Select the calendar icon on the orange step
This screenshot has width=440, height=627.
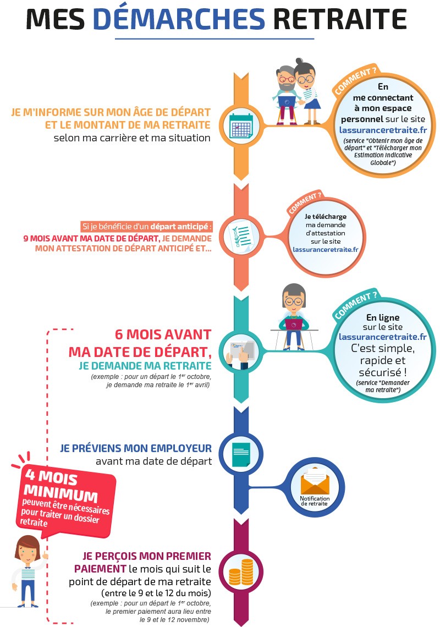(240, 125)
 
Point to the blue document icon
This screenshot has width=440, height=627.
(240, 454)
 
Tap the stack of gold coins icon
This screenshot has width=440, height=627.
(240, 572)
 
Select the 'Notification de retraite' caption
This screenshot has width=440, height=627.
(314, 501)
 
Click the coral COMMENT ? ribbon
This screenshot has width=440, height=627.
(304, 202)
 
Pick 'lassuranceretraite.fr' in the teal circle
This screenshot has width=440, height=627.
(383, 337)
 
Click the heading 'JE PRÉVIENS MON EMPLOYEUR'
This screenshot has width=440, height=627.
(135, 448)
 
